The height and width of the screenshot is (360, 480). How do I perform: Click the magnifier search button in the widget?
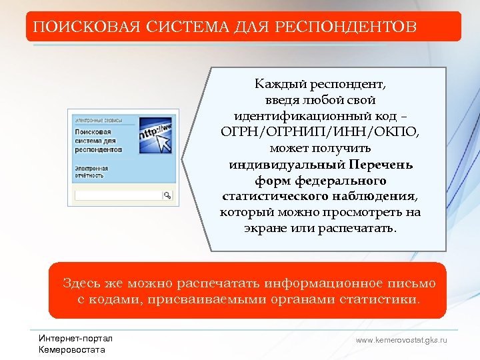click(x=167, y=195)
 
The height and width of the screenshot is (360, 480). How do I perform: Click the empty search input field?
click(x=119, y=195)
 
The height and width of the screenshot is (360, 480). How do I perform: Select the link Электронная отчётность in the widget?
click(x=89, y=172)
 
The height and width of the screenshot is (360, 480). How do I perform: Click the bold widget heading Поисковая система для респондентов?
click(x=97, y=141)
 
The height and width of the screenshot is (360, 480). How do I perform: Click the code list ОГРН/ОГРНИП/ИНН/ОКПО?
click(x=320, y=131)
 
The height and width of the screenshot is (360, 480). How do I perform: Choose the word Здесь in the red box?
click(x=81, y=283)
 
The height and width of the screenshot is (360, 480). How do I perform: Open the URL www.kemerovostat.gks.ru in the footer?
click(x=401, y=340)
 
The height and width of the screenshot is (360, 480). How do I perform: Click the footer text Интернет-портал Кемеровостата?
click(x=76, y=344)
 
